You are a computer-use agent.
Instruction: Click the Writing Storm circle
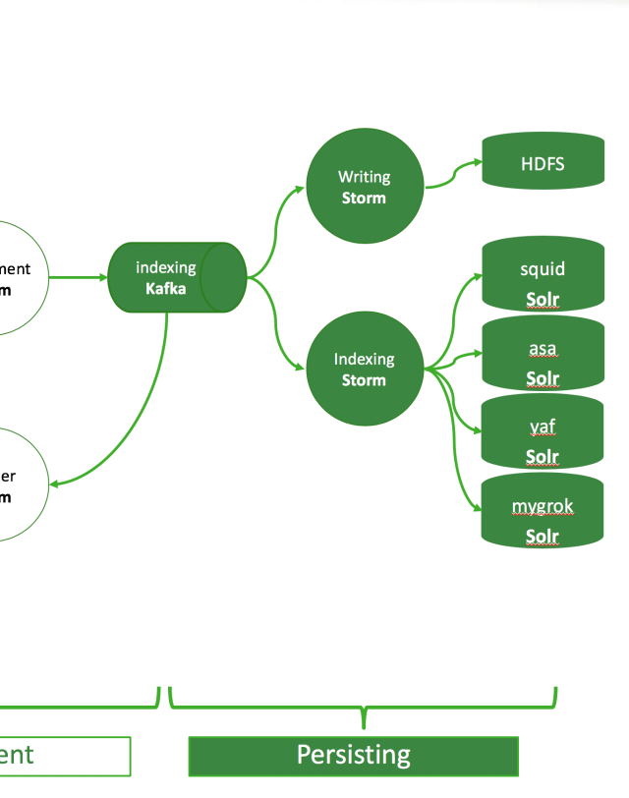[x=364, y=187]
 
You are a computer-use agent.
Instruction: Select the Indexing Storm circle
[x=364, y=370]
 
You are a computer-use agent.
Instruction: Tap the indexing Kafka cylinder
[x=176, y=277]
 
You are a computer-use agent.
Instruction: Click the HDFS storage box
[x=543, y=161]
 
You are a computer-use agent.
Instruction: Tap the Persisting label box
[x=353, y=756]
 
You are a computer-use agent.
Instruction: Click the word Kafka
[x=165, y=288]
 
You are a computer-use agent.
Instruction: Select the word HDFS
[x=543, y=164]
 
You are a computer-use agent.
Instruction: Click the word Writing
[x=364, y=177]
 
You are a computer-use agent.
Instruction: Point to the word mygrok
[x=543, y=507]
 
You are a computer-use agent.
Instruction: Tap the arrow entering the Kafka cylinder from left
[x=79, y=277]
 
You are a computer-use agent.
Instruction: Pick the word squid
[x=543, y=269]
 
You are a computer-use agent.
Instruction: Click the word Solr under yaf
[x=543, y=457]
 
